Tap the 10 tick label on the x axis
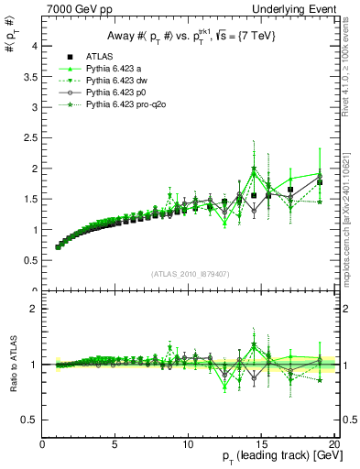[188, 444]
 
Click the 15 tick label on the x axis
[261, 444]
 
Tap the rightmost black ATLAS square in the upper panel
[320, 182]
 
